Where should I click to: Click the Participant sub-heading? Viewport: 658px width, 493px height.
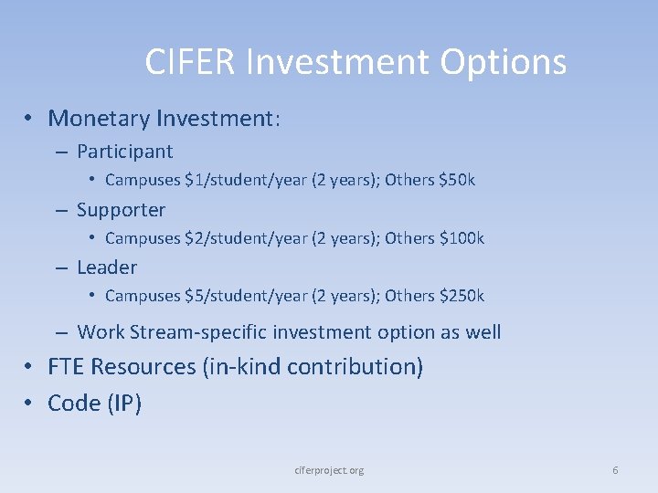pos(124,152)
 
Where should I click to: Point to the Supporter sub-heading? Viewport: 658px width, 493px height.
pos(121,210)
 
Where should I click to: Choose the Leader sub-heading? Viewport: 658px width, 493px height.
pos(107,267)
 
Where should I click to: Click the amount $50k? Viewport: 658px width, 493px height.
pos(457,180)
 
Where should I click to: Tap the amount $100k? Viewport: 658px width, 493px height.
pos(462,238)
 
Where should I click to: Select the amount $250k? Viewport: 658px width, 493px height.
pos(462,296)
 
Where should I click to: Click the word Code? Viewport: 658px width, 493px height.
pos(72,403)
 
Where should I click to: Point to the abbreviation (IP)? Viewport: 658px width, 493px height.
pos(122,403)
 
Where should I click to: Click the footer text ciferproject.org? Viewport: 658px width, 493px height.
pos(329,470)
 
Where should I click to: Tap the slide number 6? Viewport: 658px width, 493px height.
pos(615,470)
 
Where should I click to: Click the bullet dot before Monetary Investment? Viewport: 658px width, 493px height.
pos(30,119)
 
